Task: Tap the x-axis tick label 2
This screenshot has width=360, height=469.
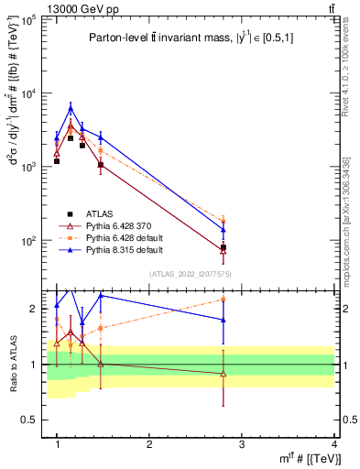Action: click(x=149, y=444)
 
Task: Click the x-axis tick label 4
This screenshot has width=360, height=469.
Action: click(x=333, y=444)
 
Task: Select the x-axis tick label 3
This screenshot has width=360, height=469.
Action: click(x=242, y=444)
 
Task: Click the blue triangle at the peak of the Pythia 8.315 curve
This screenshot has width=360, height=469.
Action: click(x=71, y=108)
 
